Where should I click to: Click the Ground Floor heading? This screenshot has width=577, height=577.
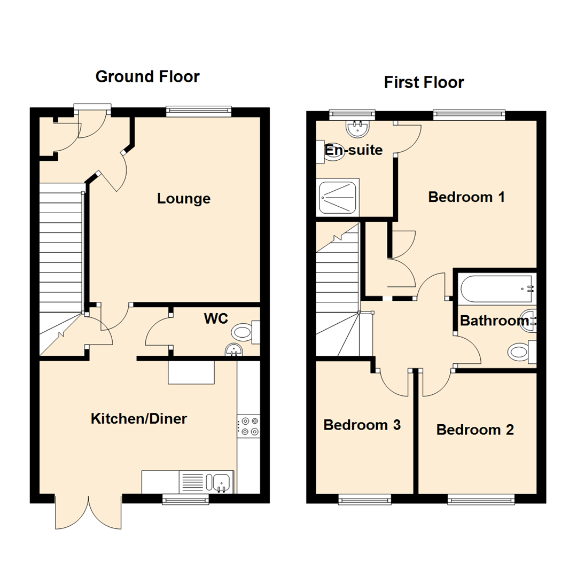[x=147, y=76]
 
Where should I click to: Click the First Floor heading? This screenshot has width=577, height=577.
[x=424, y=82]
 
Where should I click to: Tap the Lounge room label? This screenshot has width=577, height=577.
[x=183, y=199]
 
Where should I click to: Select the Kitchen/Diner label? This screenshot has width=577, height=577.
[x=138, y=418]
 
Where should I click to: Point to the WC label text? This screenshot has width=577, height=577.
[x=216, y=318]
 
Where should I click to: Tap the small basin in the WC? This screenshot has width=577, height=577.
[x=233, y=350]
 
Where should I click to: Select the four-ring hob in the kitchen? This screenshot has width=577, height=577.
[x=248, y=425]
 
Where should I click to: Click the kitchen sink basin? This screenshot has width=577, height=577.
[x=221, y=482]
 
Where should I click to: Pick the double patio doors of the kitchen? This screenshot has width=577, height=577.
[x=88, y=513]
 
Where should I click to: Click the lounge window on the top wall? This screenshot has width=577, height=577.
[x=198, y=111]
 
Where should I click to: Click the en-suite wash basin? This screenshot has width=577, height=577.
[x=356, y=128]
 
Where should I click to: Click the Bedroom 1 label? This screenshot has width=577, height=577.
[x=466, y=197]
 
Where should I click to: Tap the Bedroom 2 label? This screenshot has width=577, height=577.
[x=475, y=430]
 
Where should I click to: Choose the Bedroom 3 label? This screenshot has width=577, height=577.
[x=362, y=425]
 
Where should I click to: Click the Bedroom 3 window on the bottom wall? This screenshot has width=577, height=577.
[x=364, y=499]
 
